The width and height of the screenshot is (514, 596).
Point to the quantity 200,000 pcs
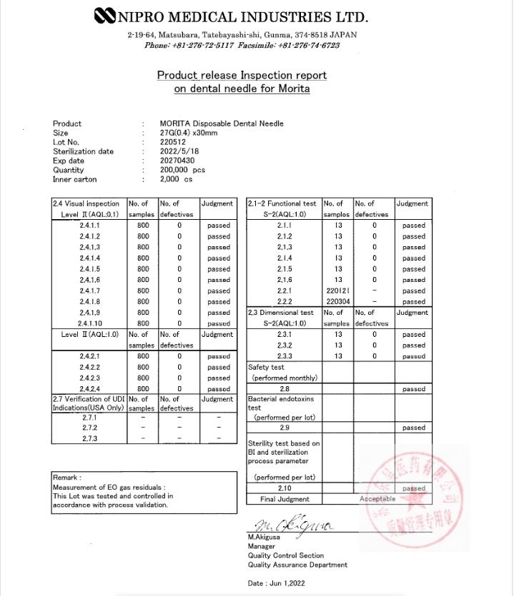184,170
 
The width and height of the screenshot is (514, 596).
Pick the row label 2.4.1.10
90,323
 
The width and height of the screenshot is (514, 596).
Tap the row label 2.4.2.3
90,378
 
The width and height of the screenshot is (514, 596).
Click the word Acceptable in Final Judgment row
378,499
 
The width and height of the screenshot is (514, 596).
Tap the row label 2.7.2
90,428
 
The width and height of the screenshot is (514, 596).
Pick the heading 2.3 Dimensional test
281,313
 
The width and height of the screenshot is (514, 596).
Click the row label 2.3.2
284,345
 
